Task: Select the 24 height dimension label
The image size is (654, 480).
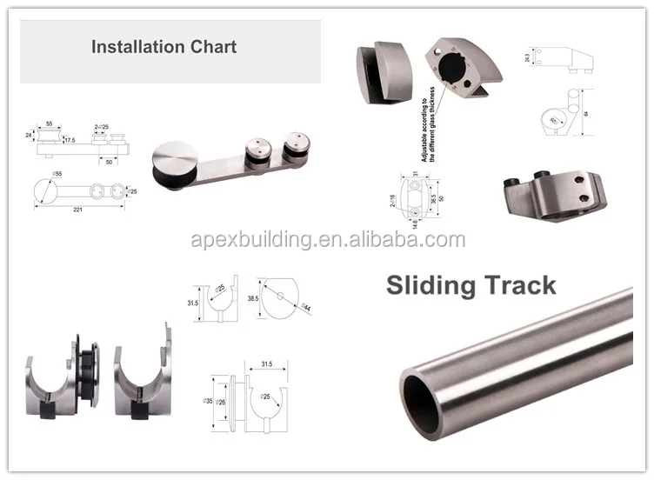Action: pyautogui.click(x=30, y=136)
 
